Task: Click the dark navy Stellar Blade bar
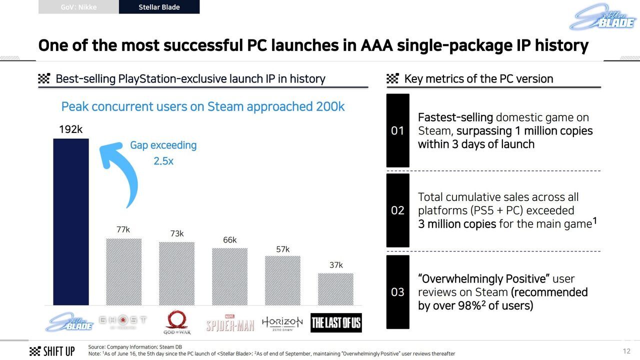(71, 222)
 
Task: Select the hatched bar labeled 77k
(123, 272)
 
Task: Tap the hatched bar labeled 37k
(335, 289)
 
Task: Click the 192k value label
(70, 129)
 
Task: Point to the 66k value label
(229, 240)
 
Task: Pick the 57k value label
(283, 249)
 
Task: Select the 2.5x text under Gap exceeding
(163, 161)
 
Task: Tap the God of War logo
(177, 323)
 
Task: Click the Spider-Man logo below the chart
(230, 323)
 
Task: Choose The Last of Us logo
(336, 323)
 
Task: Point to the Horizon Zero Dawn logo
(282, 323)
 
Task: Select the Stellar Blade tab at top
(159, 7)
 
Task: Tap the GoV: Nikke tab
(78, 7)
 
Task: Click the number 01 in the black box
(397, 131)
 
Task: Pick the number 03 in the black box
(397, 292)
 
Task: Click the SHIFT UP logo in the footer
(52, 351)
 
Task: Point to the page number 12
(626, 351)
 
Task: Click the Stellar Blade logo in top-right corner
(602, 16)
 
